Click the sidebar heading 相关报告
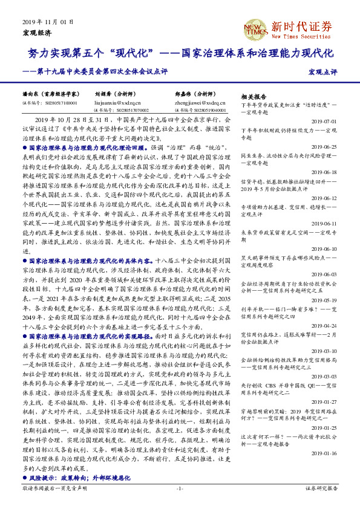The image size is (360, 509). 254,97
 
